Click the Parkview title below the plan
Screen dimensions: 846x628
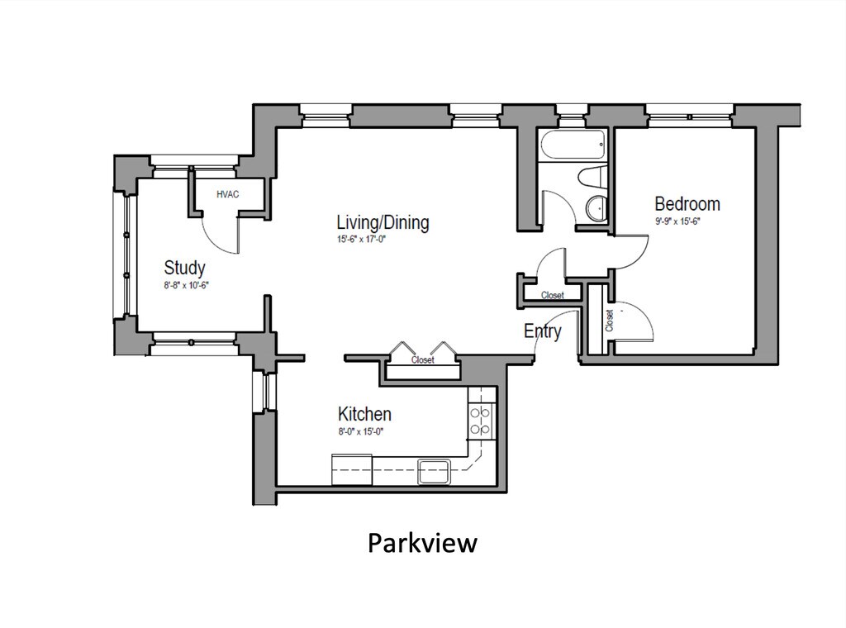click(x=422, y=543)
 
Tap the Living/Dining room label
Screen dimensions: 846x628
click(x=383, y=222)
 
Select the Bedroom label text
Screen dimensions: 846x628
click(x=687, y=203)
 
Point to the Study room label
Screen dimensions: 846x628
click(x=184, y=268)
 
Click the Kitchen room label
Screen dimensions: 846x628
click(x=364, y=414)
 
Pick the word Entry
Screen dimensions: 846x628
click(x=543, y=331)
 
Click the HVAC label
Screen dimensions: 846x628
click(x=227, y=195)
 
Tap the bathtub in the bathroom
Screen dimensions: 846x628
click(x=573, y=147)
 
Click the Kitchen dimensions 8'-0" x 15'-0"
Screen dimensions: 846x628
click(x=362, y=431)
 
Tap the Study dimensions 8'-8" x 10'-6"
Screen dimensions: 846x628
click(x=184, y=285)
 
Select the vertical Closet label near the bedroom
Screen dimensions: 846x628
click(x=610, y=321)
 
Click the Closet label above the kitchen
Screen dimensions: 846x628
click(x=422, y=360)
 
